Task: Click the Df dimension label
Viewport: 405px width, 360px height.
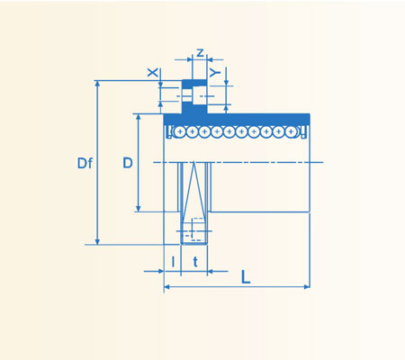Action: coord(85,163)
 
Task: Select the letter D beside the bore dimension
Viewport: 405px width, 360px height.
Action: coord(128,163)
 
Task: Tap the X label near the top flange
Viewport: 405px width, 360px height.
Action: coord(152,71)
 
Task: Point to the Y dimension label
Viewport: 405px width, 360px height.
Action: coord(213,71)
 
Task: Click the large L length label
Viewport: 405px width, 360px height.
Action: coord(246,276)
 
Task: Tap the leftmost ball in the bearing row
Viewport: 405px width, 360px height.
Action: coord(181,131)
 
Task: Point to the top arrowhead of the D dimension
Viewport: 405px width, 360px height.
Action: coord(138,118)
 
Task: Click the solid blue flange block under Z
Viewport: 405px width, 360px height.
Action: coord(194,98)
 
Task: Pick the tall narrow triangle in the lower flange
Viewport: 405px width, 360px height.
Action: coord(194,193)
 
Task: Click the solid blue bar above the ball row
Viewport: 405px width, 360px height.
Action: coord(238,119)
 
